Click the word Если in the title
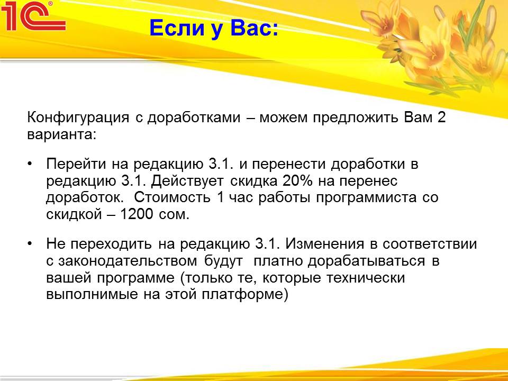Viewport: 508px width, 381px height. click(x=177, y=28)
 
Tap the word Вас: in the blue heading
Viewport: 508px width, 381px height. click(x=255, y=28)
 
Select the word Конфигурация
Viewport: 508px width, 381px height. click(x=78, y=117)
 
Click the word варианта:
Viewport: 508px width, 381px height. click(x=62, y=134)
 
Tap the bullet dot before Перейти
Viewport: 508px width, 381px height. click(x=30, y=164)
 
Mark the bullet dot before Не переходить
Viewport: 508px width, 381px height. click(x=30, y=243)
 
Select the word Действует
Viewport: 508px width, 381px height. click(x=187, y=181)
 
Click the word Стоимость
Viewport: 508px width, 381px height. click(x=173, y=197)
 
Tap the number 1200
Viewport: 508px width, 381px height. click(x=137, y=214)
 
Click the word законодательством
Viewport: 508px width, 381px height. click(x=128, y=261)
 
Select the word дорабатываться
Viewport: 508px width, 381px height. click(x=366, y=261)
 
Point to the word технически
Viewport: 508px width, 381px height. click(x=366, y=278)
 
